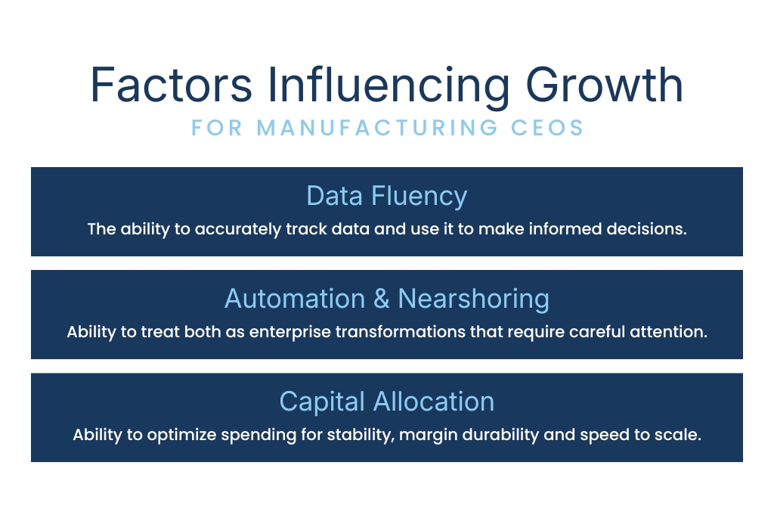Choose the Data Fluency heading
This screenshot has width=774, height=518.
386,196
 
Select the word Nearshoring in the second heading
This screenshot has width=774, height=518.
473,299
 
